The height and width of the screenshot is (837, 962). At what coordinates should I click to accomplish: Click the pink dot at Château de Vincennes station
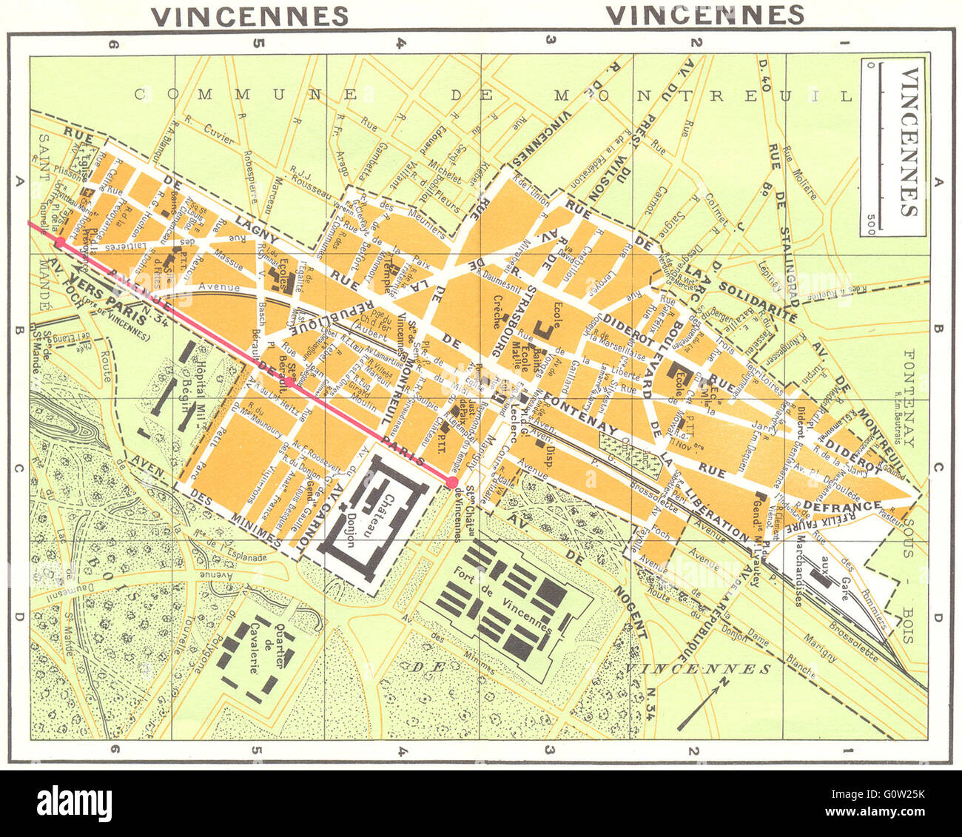[x=451, y=483]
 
